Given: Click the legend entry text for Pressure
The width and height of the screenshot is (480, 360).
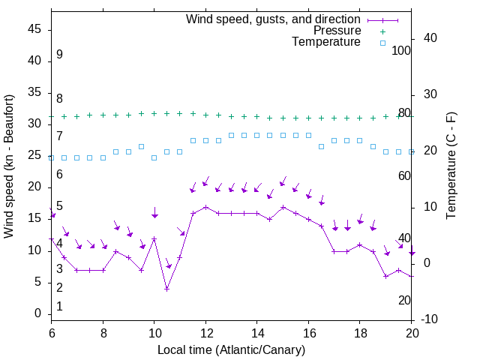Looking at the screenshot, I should click(x=337, y=31).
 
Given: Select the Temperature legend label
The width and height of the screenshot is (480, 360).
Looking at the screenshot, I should click(x=326, y=43).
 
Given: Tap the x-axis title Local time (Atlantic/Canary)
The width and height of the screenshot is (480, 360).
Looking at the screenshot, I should click(x=231, y=349).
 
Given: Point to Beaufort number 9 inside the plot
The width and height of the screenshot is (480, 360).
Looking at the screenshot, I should click(x=59, y=55).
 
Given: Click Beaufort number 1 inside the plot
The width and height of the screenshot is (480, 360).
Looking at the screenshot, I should click(x=59, y=306).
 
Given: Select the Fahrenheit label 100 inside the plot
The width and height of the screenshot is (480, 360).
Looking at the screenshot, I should click(x=402, y=51).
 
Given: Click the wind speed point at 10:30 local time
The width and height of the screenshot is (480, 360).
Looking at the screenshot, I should click(x=167, y=289).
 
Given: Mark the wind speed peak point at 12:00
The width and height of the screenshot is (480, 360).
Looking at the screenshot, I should click(x=205, y=207).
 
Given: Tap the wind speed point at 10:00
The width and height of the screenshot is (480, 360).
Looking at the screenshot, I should click(x=154, y=238).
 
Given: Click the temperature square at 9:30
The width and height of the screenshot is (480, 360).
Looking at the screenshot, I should click(x=141, y=146).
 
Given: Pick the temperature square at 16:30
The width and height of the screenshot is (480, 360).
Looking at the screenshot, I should click(x=321, y=146).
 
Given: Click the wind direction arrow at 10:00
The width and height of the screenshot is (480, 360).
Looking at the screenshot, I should click(x=154, y=213).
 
